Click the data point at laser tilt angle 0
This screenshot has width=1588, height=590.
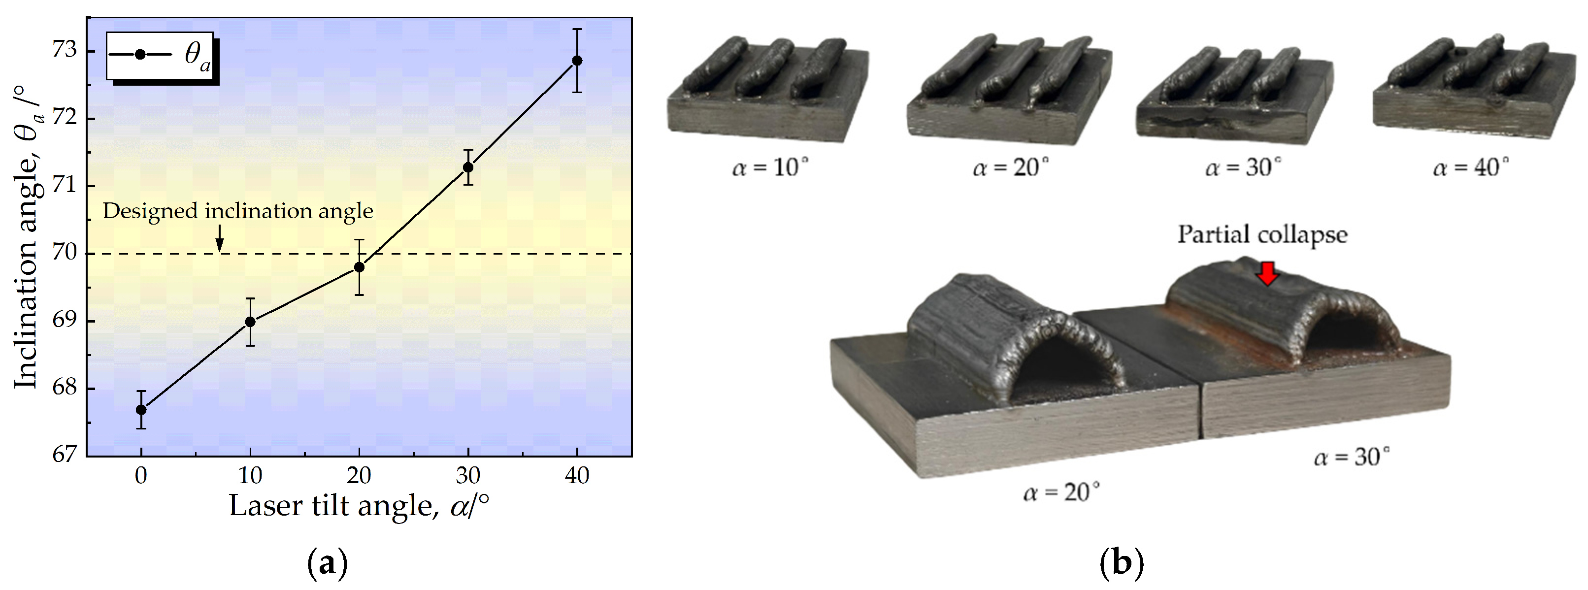pyautogui.click(x=141, y=409)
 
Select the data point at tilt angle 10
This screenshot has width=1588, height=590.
pyautogui.click(x=250, y=322)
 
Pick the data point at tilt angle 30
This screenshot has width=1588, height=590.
pyautogui.click(x=468, y=167)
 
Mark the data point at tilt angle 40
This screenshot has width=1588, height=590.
pyautogui.click(x=577, y=61)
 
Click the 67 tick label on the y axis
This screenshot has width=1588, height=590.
pyautogui.click(x=65, y=455)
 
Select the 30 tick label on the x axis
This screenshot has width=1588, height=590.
pyautogui.click(x=468, y=476)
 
